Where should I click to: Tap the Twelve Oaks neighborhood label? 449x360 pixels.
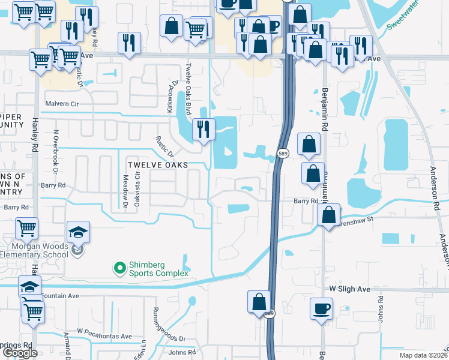click(157, 164)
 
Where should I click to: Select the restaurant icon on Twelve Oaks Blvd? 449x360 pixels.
click(203, 128)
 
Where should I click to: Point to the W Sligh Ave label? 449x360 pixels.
click(350, 289)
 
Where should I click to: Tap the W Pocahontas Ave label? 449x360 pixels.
click(104, 336)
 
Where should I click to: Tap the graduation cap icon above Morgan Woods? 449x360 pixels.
click(77, 232)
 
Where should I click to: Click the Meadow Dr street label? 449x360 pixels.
click(126, 191)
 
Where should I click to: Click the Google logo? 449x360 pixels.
click(20, 353)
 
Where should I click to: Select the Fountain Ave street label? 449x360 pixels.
click(59, 296)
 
